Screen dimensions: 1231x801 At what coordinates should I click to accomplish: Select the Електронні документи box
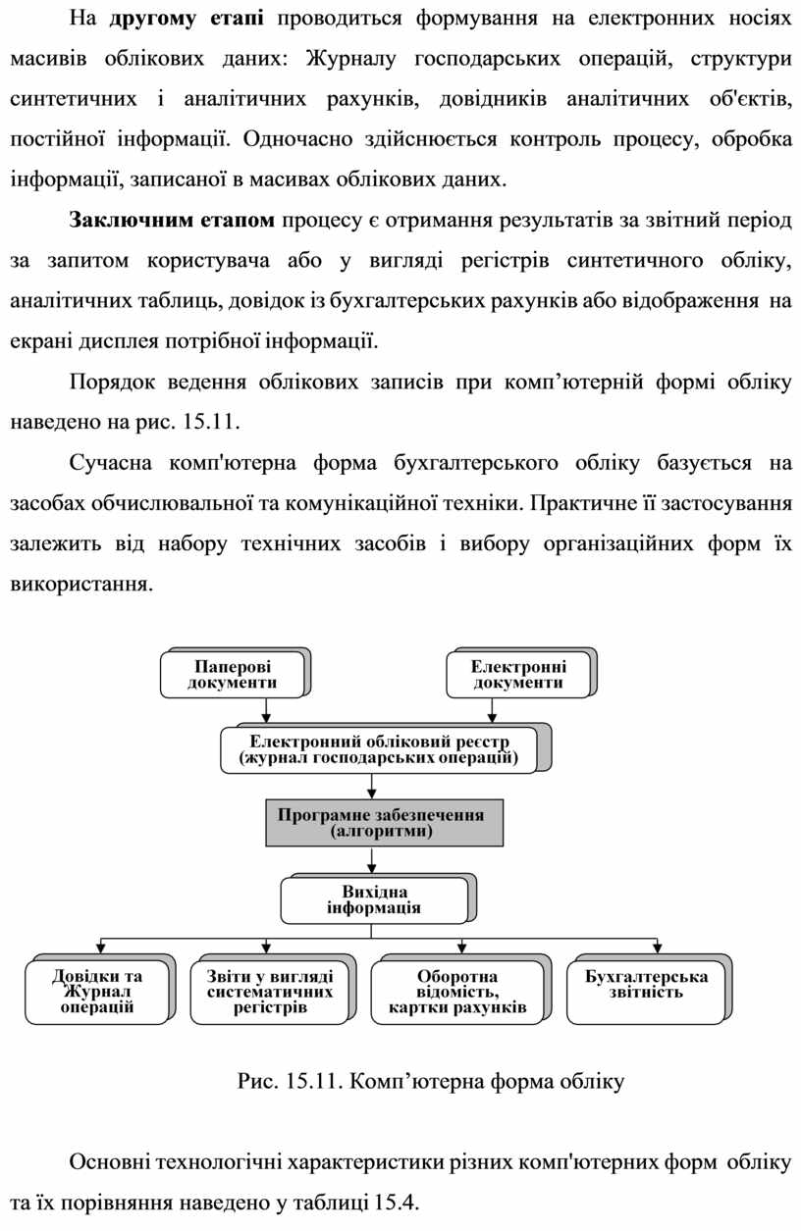coord(517,675)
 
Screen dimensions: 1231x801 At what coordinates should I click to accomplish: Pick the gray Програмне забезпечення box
coord(381,822)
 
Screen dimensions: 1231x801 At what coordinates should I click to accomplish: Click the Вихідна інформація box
coord(374,899)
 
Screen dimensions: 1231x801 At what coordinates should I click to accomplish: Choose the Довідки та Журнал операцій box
coord(97,991)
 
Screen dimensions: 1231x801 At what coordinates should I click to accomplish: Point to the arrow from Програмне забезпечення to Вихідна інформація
coord(371,860)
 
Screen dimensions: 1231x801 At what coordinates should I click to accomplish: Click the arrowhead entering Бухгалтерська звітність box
coord(658,948)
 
